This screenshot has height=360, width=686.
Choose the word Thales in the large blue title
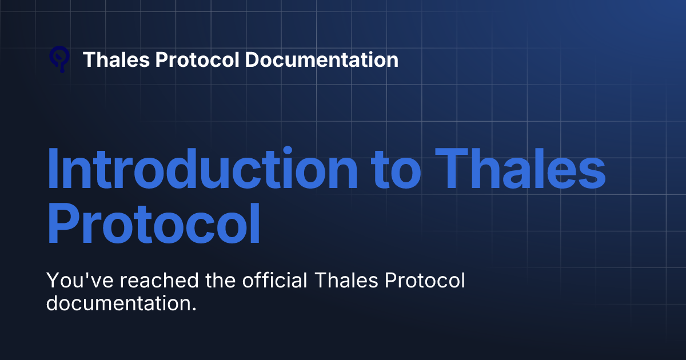tap(524, 169)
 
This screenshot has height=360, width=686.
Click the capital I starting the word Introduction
tap(53, 169)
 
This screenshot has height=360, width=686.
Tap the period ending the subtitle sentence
tap(194, 309)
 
